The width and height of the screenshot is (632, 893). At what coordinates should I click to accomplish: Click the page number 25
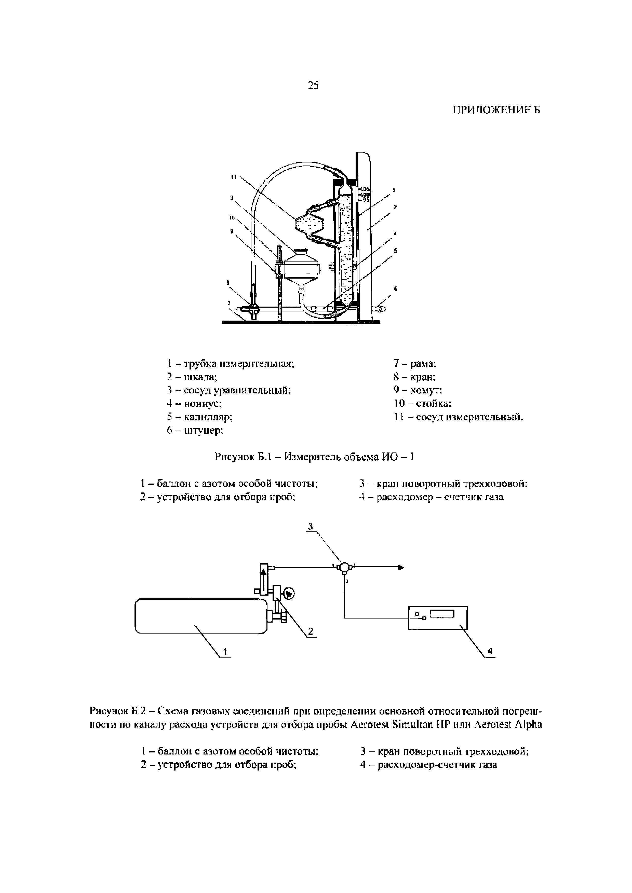[313, 86]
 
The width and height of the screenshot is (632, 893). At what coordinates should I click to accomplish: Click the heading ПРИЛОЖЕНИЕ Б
[496, 111]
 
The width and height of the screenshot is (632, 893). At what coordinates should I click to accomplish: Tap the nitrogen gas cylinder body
[200, 616]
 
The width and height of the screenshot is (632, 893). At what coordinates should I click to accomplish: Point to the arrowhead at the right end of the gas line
[401, 568]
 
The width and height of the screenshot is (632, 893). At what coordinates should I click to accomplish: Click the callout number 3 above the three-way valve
[310, 526]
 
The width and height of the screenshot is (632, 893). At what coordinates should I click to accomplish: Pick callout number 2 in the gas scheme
[310, 632]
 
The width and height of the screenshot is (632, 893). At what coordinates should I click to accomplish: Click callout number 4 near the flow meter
[490, 651]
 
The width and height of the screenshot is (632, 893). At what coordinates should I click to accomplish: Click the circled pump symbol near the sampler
[290, 594]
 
